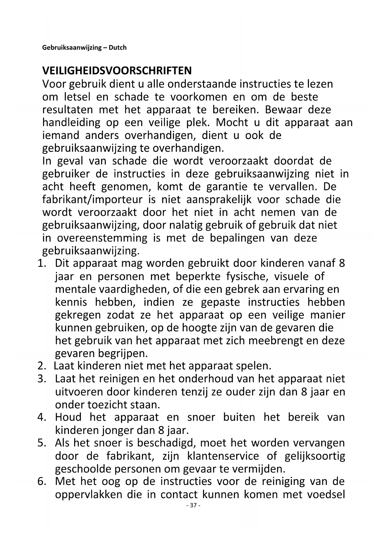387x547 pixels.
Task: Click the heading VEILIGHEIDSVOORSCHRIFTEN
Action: (x=117, y=71)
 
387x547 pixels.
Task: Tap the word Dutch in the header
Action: (x=118, y=48)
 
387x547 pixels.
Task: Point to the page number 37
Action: (x=193, y=506)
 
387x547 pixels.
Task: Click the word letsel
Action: (x=77, y=97)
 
